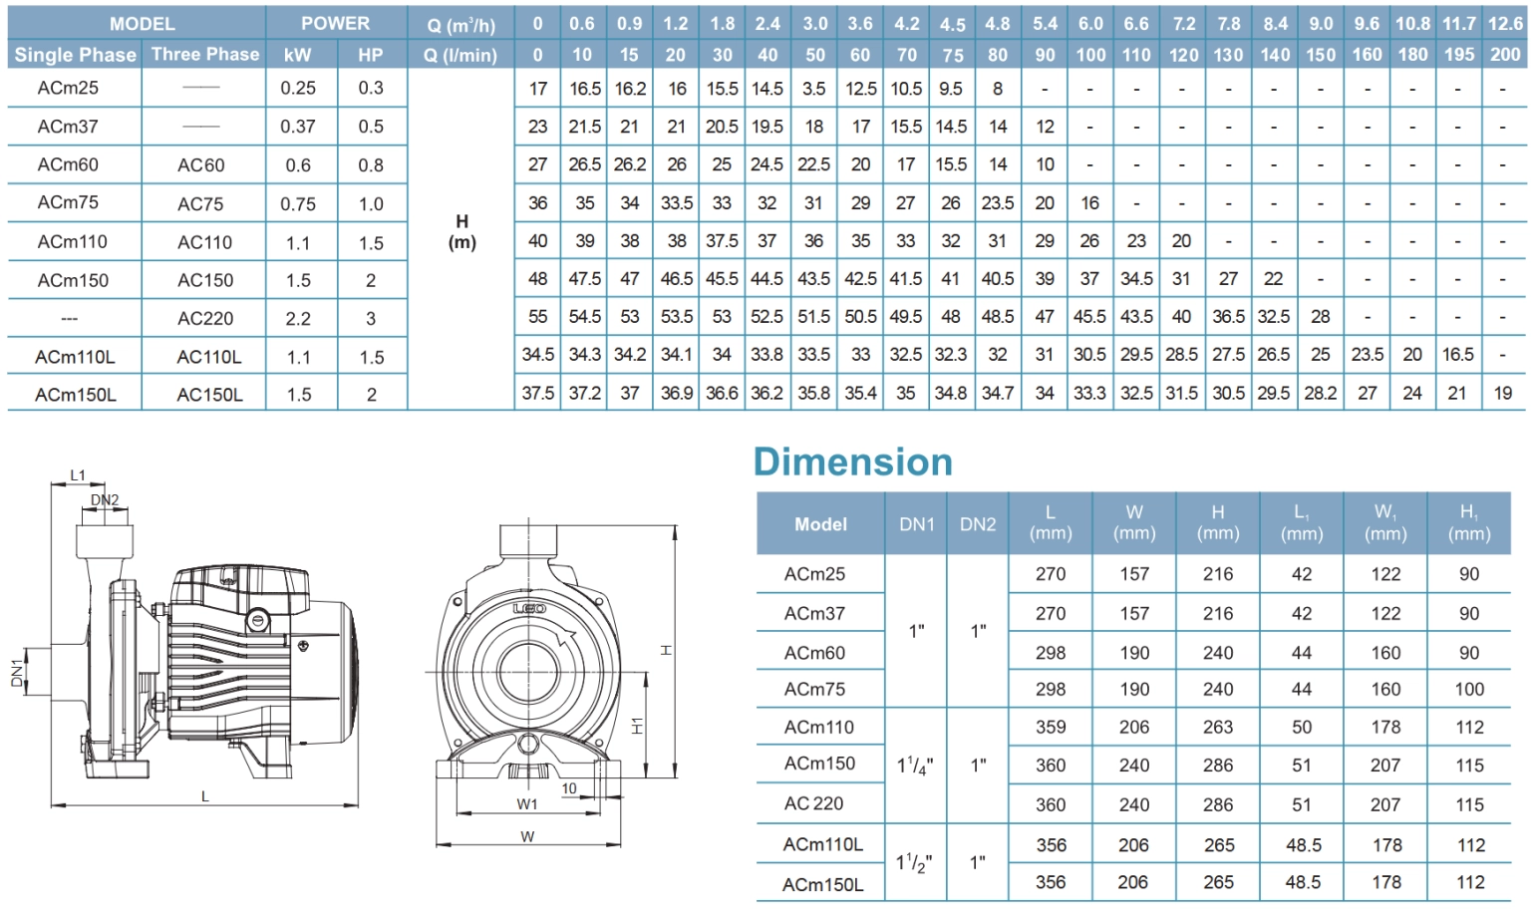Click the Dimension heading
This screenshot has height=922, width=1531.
click(x=852, y=461)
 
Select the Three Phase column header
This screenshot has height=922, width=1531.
click(x=205, y=54)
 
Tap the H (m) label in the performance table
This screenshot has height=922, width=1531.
click(x=462, y=231)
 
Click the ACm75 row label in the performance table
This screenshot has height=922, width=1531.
click(x=68, y=202)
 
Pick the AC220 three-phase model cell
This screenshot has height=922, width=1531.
click(x=205, y=319)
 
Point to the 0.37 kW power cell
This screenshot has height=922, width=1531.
click(x=298, y=127)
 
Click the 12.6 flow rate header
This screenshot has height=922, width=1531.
click(x=1505, y=24)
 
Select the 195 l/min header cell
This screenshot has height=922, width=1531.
click(x=1458, y=55)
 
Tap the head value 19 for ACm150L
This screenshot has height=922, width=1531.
click(x=1502, y=393)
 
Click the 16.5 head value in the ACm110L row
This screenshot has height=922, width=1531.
click(x=1457, y=355)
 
